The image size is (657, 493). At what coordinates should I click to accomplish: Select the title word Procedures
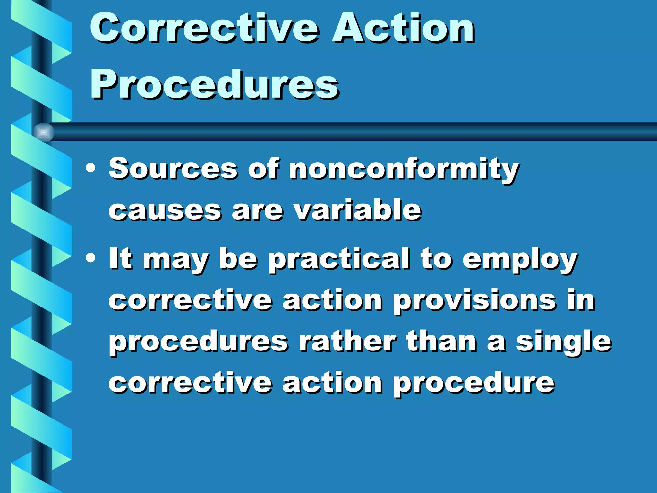point(214,85)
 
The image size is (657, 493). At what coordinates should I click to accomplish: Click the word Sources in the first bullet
point(173,169)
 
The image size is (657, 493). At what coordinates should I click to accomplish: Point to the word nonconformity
point(404,169)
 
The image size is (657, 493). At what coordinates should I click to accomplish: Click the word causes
point(165,211)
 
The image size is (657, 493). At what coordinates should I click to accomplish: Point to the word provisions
point(474,301)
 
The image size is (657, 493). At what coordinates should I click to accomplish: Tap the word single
point(564,342)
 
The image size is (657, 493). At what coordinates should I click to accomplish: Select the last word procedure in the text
point(474,383)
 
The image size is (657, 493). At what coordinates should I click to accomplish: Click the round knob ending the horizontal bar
point(43,132)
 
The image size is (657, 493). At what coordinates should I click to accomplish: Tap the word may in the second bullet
point(176,260)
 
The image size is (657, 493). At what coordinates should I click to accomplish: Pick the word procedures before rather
point(199,342)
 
